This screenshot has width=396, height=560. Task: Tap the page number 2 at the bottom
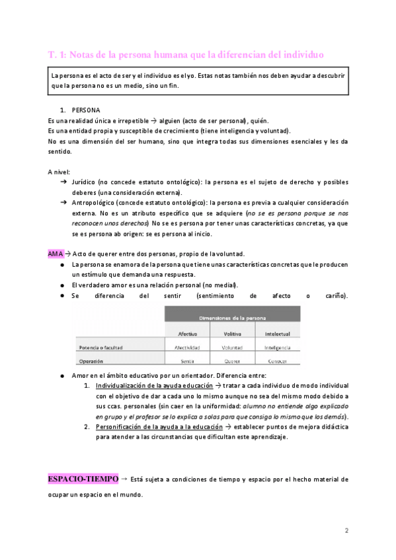point(346,530)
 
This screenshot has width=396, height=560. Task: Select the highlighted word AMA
point(56,254)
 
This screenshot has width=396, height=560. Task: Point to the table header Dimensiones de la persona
point(232,318)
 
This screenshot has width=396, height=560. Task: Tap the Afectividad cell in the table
point(186,347)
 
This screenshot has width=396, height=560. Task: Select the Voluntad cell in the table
point(232,347)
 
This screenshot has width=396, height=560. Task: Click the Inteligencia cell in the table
point(277,347)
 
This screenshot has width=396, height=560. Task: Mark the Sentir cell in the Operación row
point(186,361)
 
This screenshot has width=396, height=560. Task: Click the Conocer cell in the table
point(277,361)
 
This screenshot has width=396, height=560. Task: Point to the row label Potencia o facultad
point(100,347)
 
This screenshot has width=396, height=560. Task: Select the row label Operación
point(91,361)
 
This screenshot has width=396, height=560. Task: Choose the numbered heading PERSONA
point(86,109)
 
